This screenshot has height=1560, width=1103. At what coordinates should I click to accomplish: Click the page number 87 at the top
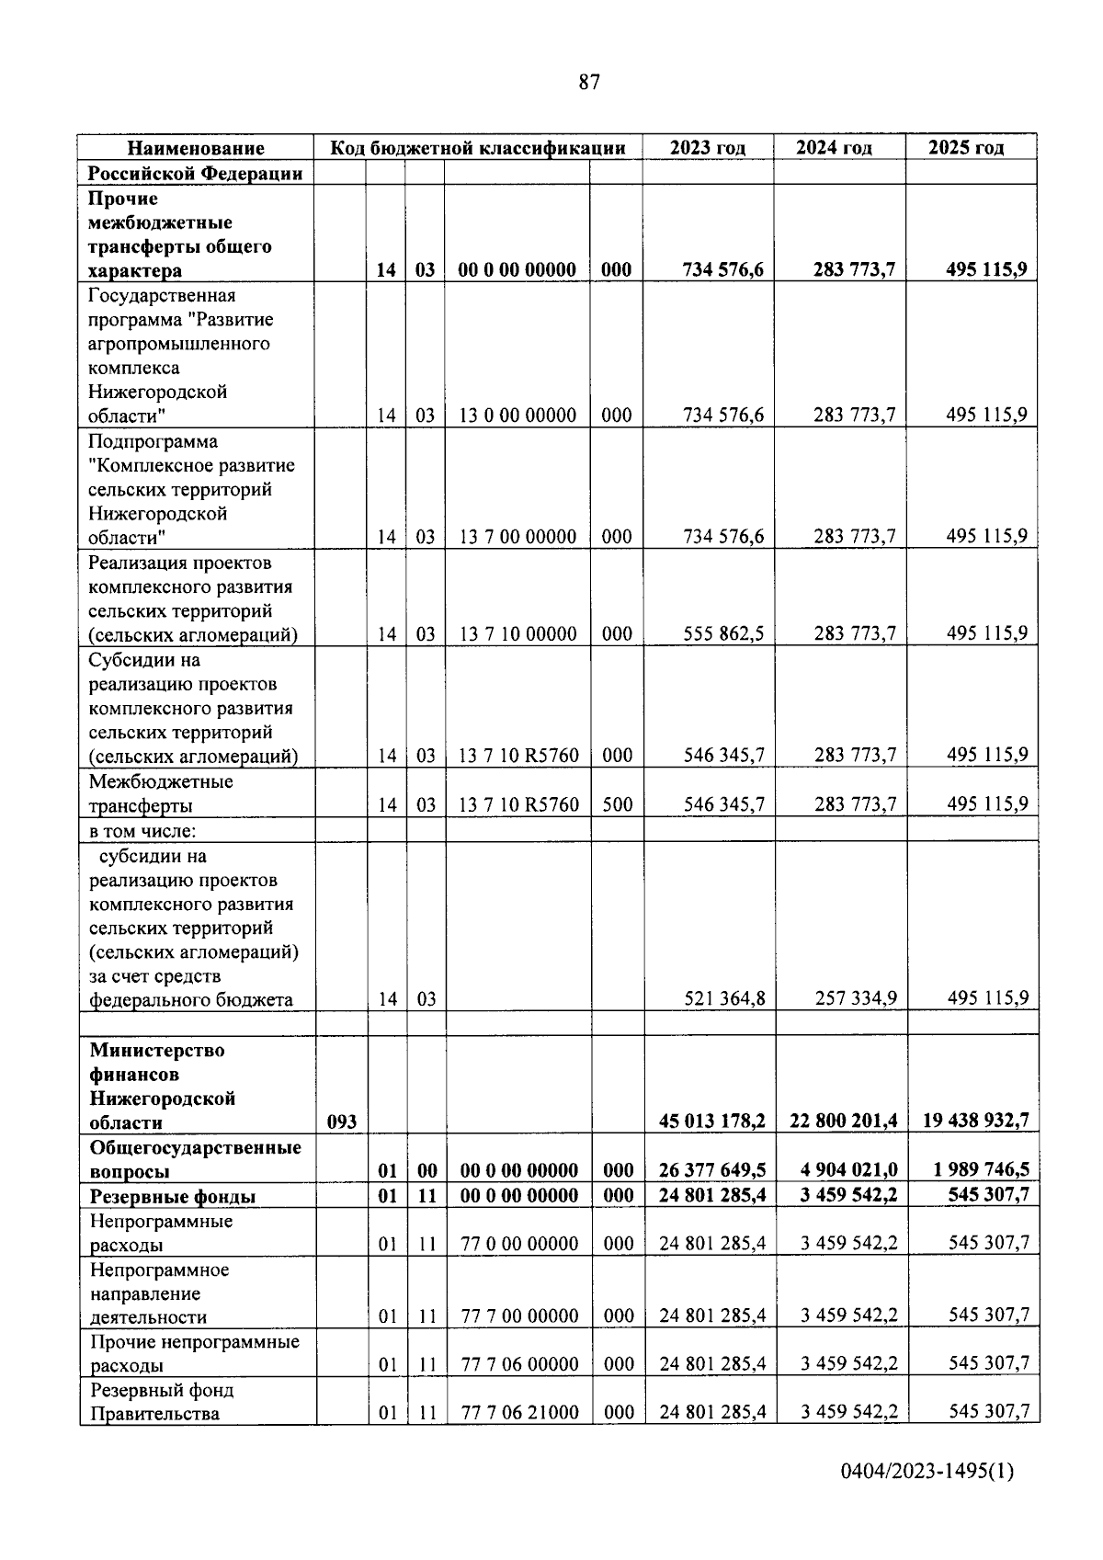[x=589, y=83]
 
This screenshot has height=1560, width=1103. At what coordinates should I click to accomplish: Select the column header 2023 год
[x=707, y=147]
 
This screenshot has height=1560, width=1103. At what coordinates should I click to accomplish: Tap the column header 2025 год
[x=966, y=147]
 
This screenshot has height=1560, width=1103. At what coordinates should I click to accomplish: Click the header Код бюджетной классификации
[x=478, y=147]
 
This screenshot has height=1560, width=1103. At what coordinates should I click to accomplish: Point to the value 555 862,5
[x=723, y=633]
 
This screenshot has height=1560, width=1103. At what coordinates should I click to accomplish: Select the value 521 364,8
[x=724, y=999]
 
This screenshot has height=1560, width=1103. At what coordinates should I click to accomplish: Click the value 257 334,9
[x=856, y=999]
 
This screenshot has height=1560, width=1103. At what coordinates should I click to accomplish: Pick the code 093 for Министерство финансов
[x=341, y=1122]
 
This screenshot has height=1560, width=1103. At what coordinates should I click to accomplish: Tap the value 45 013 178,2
[x=712, y=1122]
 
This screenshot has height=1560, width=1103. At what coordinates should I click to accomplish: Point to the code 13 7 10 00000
[x=518, y=633]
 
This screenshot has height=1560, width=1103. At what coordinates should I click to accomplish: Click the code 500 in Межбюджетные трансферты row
[x=617, y=805]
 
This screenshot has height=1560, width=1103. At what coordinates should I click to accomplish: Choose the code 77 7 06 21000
[x=519, y=1412]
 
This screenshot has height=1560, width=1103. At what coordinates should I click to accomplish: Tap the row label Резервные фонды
[x=173, y=1196]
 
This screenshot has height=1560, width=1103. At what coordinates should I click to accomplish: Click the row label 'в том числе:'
[x=143, y=831]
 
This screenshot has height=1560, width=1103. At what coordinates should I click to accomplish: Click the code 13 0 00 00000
[x=517, y=416]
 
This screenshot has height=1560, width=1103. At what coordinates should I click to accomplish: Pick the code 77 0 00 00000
[x=519, y=1244]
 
